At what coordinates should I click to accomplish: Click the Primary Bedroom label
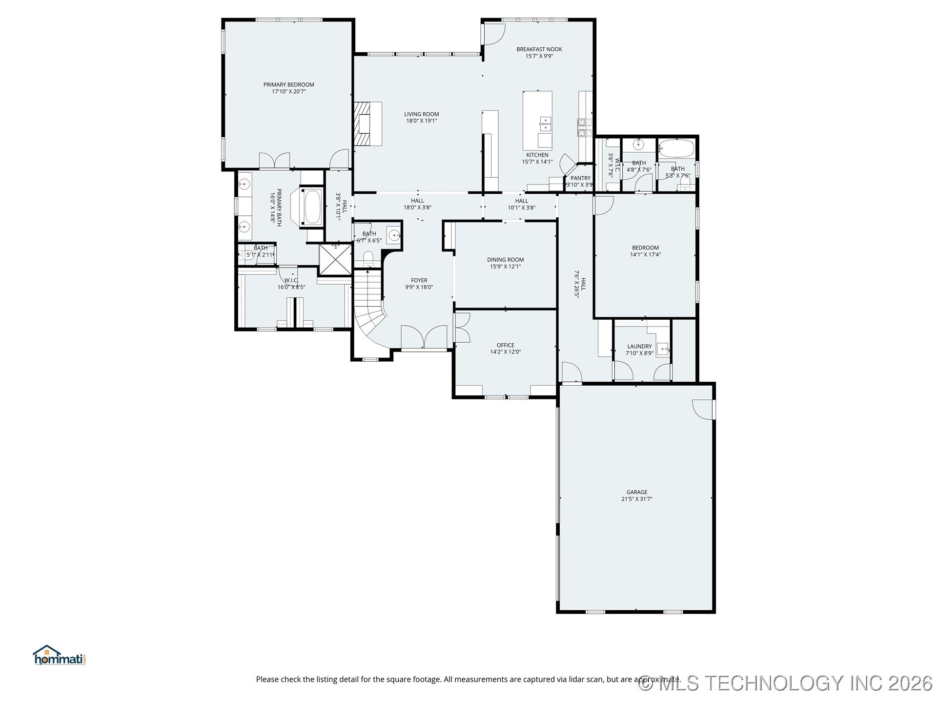288,84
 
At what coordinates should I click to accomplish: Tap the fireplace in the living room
367,124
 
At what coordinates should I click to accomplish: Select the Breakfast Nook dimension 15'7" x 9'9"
539,56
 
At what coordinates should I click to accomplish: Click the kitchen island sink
545,124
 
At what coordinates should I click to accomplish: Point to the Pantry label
580,178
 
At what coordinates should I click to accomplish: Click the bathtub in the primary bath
312,207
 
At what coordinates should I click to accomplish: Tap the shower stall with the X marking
335,259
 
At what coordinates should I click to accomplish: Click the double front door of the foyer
424,337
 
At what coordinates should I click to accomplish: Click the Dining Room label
505,260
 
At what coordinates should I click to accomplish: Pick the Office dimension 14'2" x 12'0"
505,352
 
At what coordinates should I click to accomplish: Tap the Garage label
636,492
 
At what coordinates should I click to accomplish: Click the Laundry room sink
662,349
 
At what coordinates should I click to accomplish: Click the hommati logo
59,656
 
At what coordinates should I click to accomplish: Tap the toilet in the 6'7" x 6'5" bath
368,259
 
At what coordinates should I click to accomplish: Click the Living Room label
421,114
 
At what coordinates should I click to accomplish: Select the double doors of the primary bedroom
274,161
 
